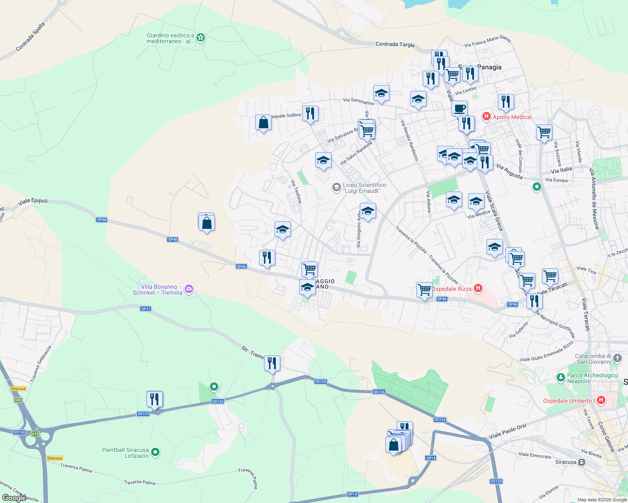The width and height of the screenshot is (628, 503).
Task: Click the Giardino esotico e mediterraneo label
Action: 170,38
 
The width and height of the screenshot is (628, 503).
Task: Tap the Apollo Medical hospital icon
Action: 487,117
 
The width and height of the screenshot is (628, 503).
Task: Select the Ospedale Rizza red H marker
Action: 478,288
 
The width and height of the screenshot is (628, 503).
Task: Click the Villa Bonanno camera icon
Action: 189,289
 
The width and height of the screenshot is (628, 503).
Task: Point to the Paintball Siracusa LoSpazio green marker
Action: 155,452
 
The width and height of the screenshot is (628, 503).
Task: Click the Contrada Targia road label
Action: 395,44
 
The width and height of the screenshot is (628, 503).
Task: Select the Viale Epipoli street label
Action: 33,201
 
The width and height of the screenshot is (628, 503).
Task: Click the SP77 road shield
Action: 146,309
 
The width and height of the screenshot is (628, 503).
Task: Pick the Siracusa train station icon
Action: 581,462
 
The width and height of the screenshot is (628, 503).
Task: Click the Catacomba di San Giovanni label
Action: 594,359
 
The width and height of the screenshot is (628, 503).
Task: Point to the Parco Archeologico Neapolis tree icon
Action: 560,377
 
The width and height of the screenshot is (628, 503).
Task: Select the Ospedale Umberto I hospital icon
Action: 601,400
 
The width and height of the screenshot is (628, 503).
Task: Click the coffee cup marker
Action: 460,108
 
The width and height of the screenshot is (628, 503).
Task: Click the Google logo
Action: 13,498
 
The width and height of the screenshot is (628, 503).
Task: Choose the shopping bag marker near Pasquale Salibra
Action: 263,123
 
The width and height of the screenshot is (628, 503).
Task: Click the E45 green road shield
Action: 18,400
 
